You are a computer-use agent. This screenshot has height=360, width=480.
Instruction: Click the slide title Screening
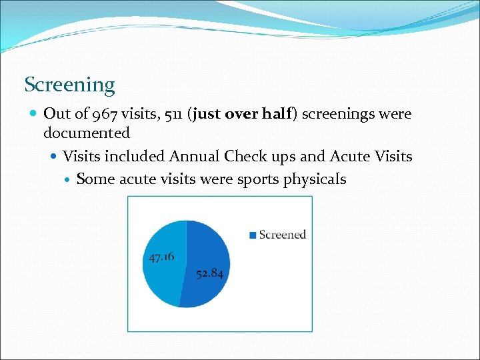coord(69,85)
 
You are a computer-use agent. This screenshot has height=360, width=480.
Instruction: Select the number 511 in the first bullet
coord(170,114)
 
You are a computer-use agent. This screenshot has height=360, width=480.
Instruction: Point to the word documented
coord(86,133)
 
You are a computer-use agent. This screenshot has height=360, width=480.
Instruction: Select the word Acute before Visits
coord(355,157)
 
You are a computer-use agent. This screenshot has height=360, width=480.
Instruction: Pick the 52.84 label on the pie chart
coord(209,273)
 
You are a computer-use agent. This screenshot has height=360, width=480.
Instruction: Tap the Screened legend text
coord(282,235)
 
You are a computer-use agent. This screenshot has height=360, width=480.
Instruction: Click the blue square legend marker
coord(253,235)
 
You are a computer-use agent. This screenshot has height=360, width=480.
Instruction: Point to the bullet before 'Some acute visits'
coord(68,180)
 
